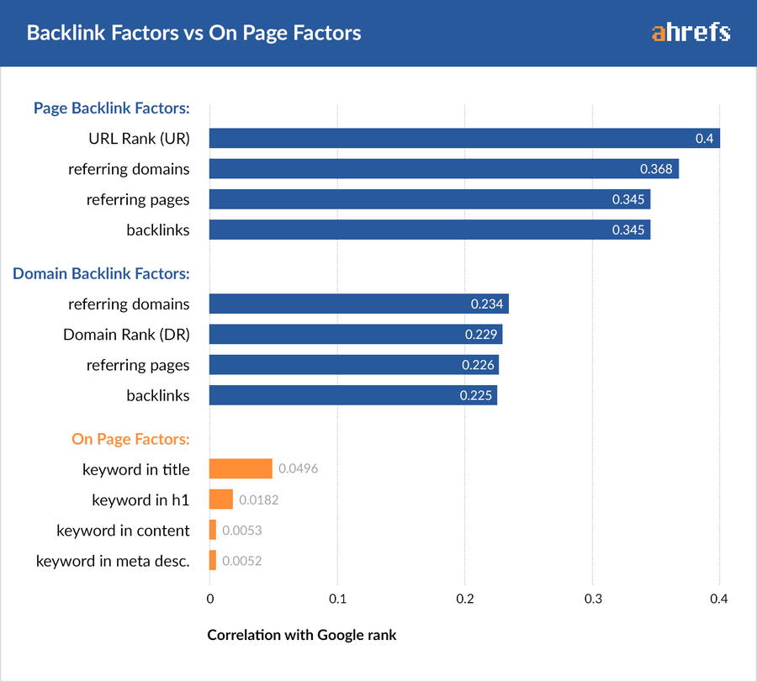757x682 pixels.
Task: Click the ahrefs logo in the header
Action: pyautogui.click(x=691, y=33)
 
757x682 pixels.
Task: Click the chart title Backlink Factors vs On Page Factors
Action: pyautogui.click(x=193, y=34)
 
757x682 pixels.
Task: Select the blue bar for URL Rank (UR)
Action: pyautogui.click(x=454, y=139)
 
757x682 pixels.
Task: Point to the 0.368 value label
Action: pyautogui.click(x=656, y=169)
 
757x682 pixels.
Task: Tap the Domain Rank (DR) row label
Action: pyautogui.click(x=126, y=335)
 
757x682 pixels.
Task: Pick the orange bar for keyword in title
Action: pyautogui.click(x=241, y=469)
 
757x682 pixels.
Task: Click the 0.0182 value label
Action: pyautogui.click(x=258, y=500)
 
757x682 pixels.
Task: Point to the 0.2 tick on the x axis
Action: pyautogui.click(x=464, y=599)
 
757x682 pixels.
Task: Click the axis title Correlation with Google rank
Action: pyautogui.click(x=302, y=635)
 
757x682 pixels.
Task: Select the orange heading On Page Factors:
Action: pyautogui.click(x=130, y=439)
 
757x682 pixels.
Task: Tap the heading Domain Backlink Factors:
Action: pyautogui.click(x=101, y=273)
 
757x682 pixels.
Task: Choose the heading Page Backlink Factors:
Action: pyautogui.click(x=111, y=108)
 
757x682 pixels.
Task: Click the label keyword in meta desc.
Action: pyautogui.click(x=113, y=561)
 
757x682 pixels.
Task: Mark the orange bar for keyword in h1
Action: pyautogui.click(x=221, y=500)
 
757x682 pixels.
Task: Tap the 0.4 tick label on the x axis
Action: pyautogui.click(x=718, y=599)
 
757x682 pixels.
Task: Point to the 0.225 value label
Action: pyautogui.click(x=475, y=395)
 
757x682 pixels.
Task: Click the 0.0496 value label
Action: pyautogui.click(x=298, y=469)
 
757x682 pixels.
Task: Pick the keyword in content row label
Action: pyautogui.click(x=123, y=531)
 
